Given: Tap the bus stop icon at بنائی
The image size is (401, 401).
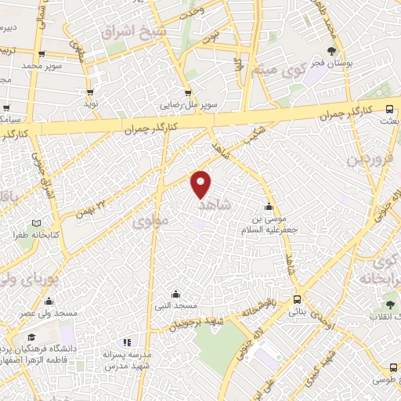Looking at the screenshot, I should pos(297,299).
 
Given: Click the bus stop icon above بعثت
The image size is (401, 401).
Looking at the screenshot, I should pos(390,110).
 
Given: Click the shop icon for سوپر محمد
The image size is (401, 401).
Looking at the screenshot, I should pos(41,54).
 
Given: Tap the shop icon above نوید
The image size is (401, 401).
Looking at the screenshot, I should pos(91,91).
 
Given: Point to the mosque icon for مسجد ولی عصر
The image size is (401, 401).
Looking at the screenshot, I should pos(49,302).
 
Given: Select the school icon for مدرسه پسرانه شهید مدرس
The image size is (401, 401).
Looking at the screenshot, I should pos(127,342).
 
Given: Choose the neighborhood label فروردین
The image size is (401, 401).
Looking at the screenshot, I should pos(363,161).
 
